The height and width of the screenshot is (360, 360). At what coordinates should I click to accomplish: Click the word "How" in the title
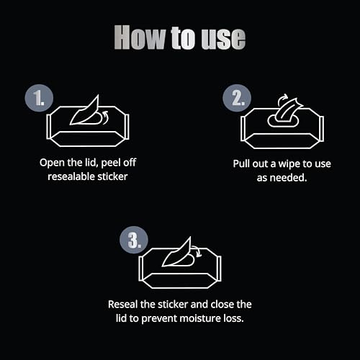pos(140,37)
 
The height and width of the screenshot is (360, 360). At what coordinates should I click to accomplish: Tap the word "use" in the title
pos(223,38)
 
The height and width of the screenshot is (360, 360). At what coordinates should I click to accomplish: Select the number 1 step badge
pos(39,98)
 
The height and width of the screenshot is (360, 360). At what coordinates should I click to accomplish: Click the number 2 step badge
pos(237,98)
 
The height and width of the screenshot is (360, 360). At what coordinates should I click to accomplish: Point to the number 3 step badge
pos(134,240)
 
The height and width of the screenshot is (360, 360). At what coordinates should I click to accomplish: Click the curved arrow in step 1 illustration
pos(106,117)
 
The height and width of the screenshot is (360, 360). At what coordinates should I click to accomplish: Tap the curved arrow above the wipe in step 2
pos(282,99)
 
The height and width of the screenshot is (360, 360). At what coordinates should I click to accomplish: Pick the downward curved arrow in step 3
pos(197,251)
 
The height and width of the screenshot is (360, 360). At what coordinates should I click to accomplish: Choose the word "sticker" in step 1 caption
pos(112,176)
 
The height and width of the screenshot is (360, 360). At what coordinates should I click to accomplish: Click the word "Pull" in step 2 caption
pos(241,163)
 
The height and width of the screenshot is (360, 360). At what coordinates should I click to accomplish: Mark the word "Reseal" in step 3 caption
pos(123,305)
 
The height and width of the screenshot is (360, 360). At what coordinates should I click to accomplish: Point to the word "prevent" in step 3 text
pos(159,319)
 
